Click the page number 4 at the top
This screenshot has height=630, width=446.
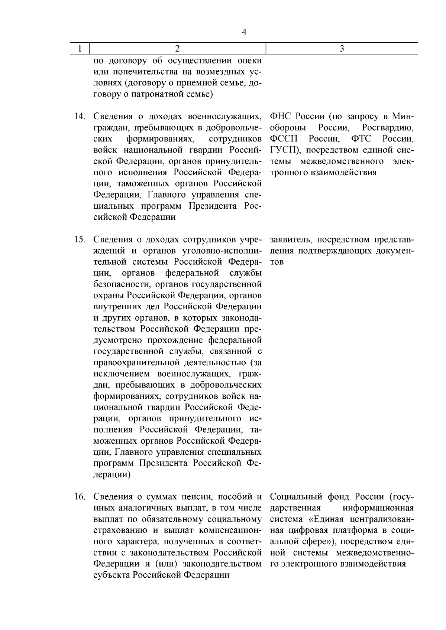click(x=244, y=32)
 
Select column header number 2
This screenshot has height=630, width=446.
click(x=177, y=49)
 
